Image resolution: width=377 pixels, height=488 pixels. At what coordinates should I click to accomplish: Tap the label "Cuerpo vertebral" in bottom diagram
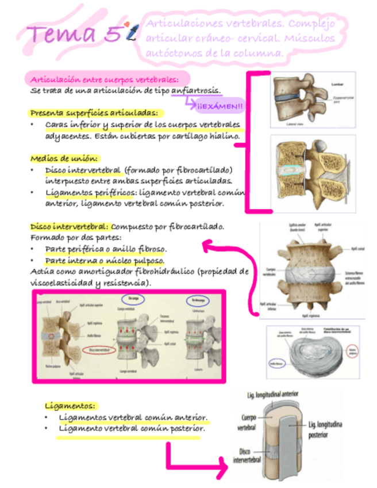pyautogui.click(x=249, y=422)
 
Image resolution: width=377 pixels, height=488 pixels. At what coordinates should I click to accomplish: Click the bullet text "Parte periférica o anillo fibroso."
pyautogui.click(x=106, y=249)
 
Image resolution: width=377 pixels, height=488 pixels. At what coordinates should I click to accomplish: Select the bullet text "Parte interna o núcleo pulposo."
pyautogui.click(x=102, y=260)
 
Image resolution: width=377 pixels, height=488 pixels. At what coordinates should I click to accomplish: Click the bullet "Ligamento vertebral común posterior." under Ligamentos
pyautogui.click(x=132, y=428)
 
